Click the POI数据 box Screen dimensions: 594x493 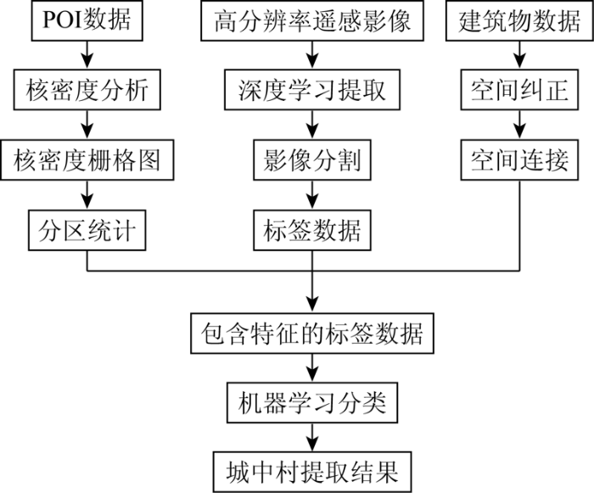(87, 20)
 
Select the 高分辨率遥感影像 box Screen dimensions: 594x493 (312, 20)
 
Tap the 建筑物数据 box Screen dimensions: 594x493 (519, 20)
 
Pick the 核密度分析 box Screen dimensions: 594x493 (87, 90)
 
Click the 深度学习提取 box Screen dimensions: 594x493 (312, 90)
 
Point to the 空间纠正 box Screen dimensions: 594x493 (519, 90)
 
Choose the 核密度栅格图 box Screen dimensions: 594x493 (87, 160)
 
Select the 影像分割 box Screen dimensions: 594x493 (312, 160)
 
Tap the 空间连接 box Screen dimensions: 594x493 (519, 160)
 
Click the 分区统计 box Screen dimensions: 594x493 (87, 231)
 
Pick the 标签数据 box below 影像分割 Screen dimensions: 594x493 (312, 231)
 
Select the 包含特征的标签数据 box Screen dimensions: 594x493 (312, 333)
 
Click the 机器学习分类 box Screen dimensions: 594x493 (312, 403)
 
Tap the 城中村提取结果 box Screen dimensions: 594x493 (312, 472)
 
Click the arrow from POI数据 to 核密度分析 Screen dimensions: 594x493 (87, 55)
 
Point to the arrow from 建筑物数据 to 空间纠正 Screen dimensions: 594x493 (519, 55)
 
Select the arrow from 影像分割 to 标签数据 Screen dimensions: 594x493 (312, 195)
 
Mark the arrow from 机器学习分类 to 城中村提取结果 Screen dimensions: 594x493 (312, 437)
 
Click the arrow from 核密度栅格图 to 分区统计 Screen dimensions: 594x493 (87, 195)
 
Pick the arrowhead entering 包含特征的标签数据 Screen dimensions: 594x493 (312, 305)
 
